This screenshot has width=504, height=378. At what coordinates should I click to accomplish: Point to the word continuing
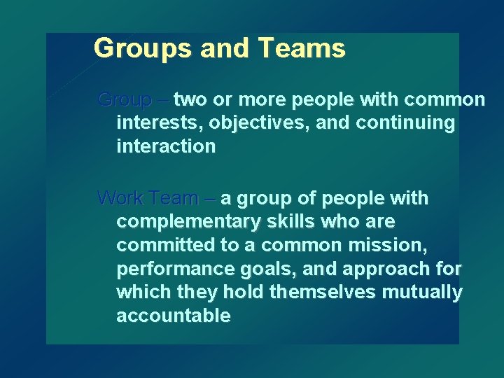[x=405, y=124]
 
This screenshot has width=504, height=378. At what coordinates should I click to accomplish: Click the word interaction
[x=166, y=147]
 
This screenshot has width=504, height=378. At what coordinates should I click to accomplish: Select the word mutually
[x=428, y=293]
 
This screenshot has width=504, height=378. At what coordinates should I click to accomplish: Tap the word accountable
[x=174, y=316]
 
